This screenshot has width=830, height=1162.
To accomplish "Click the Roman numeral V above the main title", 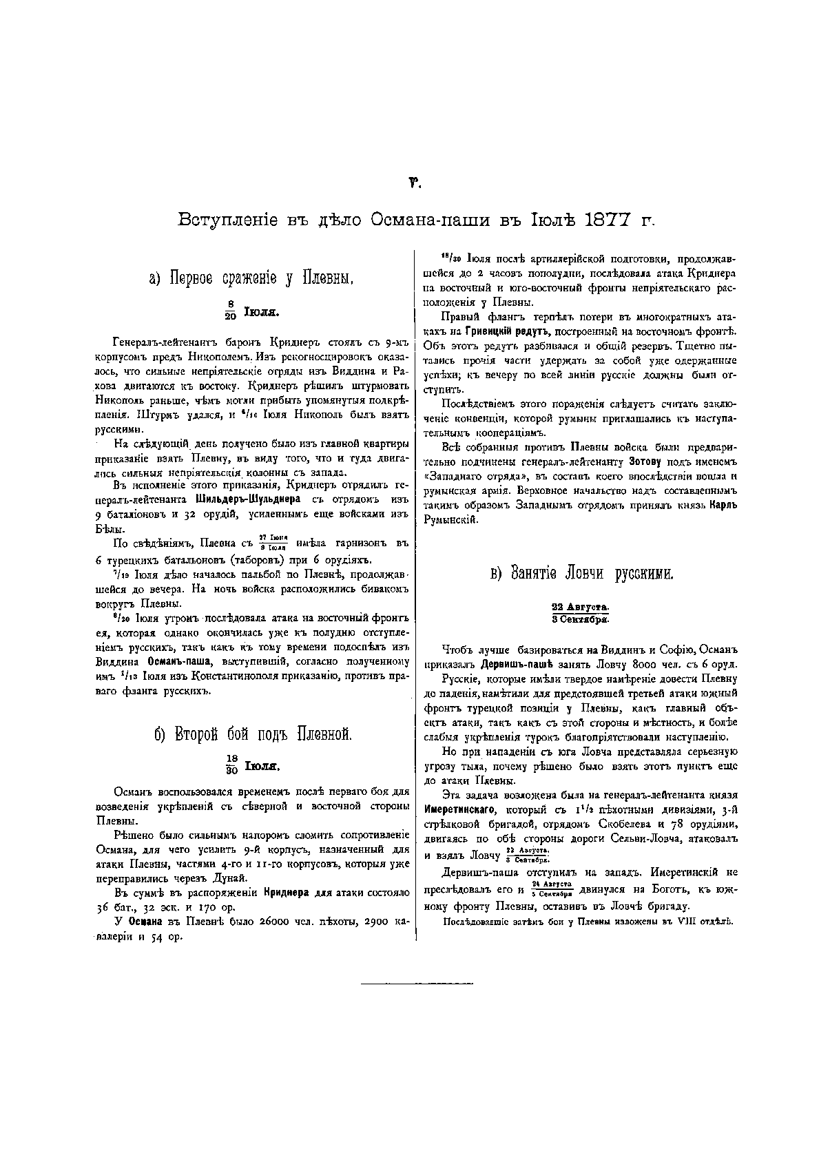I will [415, 183].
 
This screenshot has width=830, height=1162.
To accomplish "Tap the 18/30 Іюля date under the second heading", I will [251, 765].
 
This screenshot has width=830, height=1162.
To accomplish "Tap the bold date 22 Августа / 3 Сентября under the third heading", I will [580, 612].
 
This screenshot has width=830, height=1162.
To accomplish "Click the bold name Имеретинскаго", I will [460, 809].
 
